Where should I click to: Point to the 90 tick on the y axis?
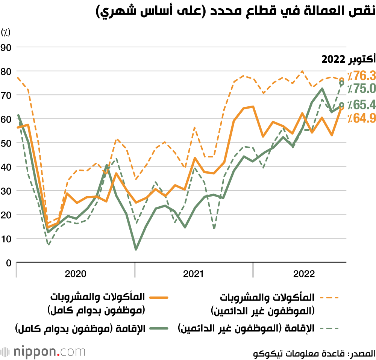7,47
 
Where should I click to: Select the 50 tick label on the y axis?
7,143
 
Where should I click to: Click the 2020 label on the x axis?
75,274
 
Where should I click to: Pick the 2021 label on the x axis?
193,274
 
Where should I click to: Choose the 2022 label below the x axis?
303,274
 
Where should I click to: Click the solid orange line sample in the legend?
158,298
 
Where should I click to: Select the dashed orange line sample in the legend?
329,298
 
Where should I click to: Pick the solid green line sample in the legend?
158,328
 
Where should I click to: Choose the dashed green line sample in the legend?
329,328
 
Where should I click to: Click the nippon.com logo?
43,352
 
